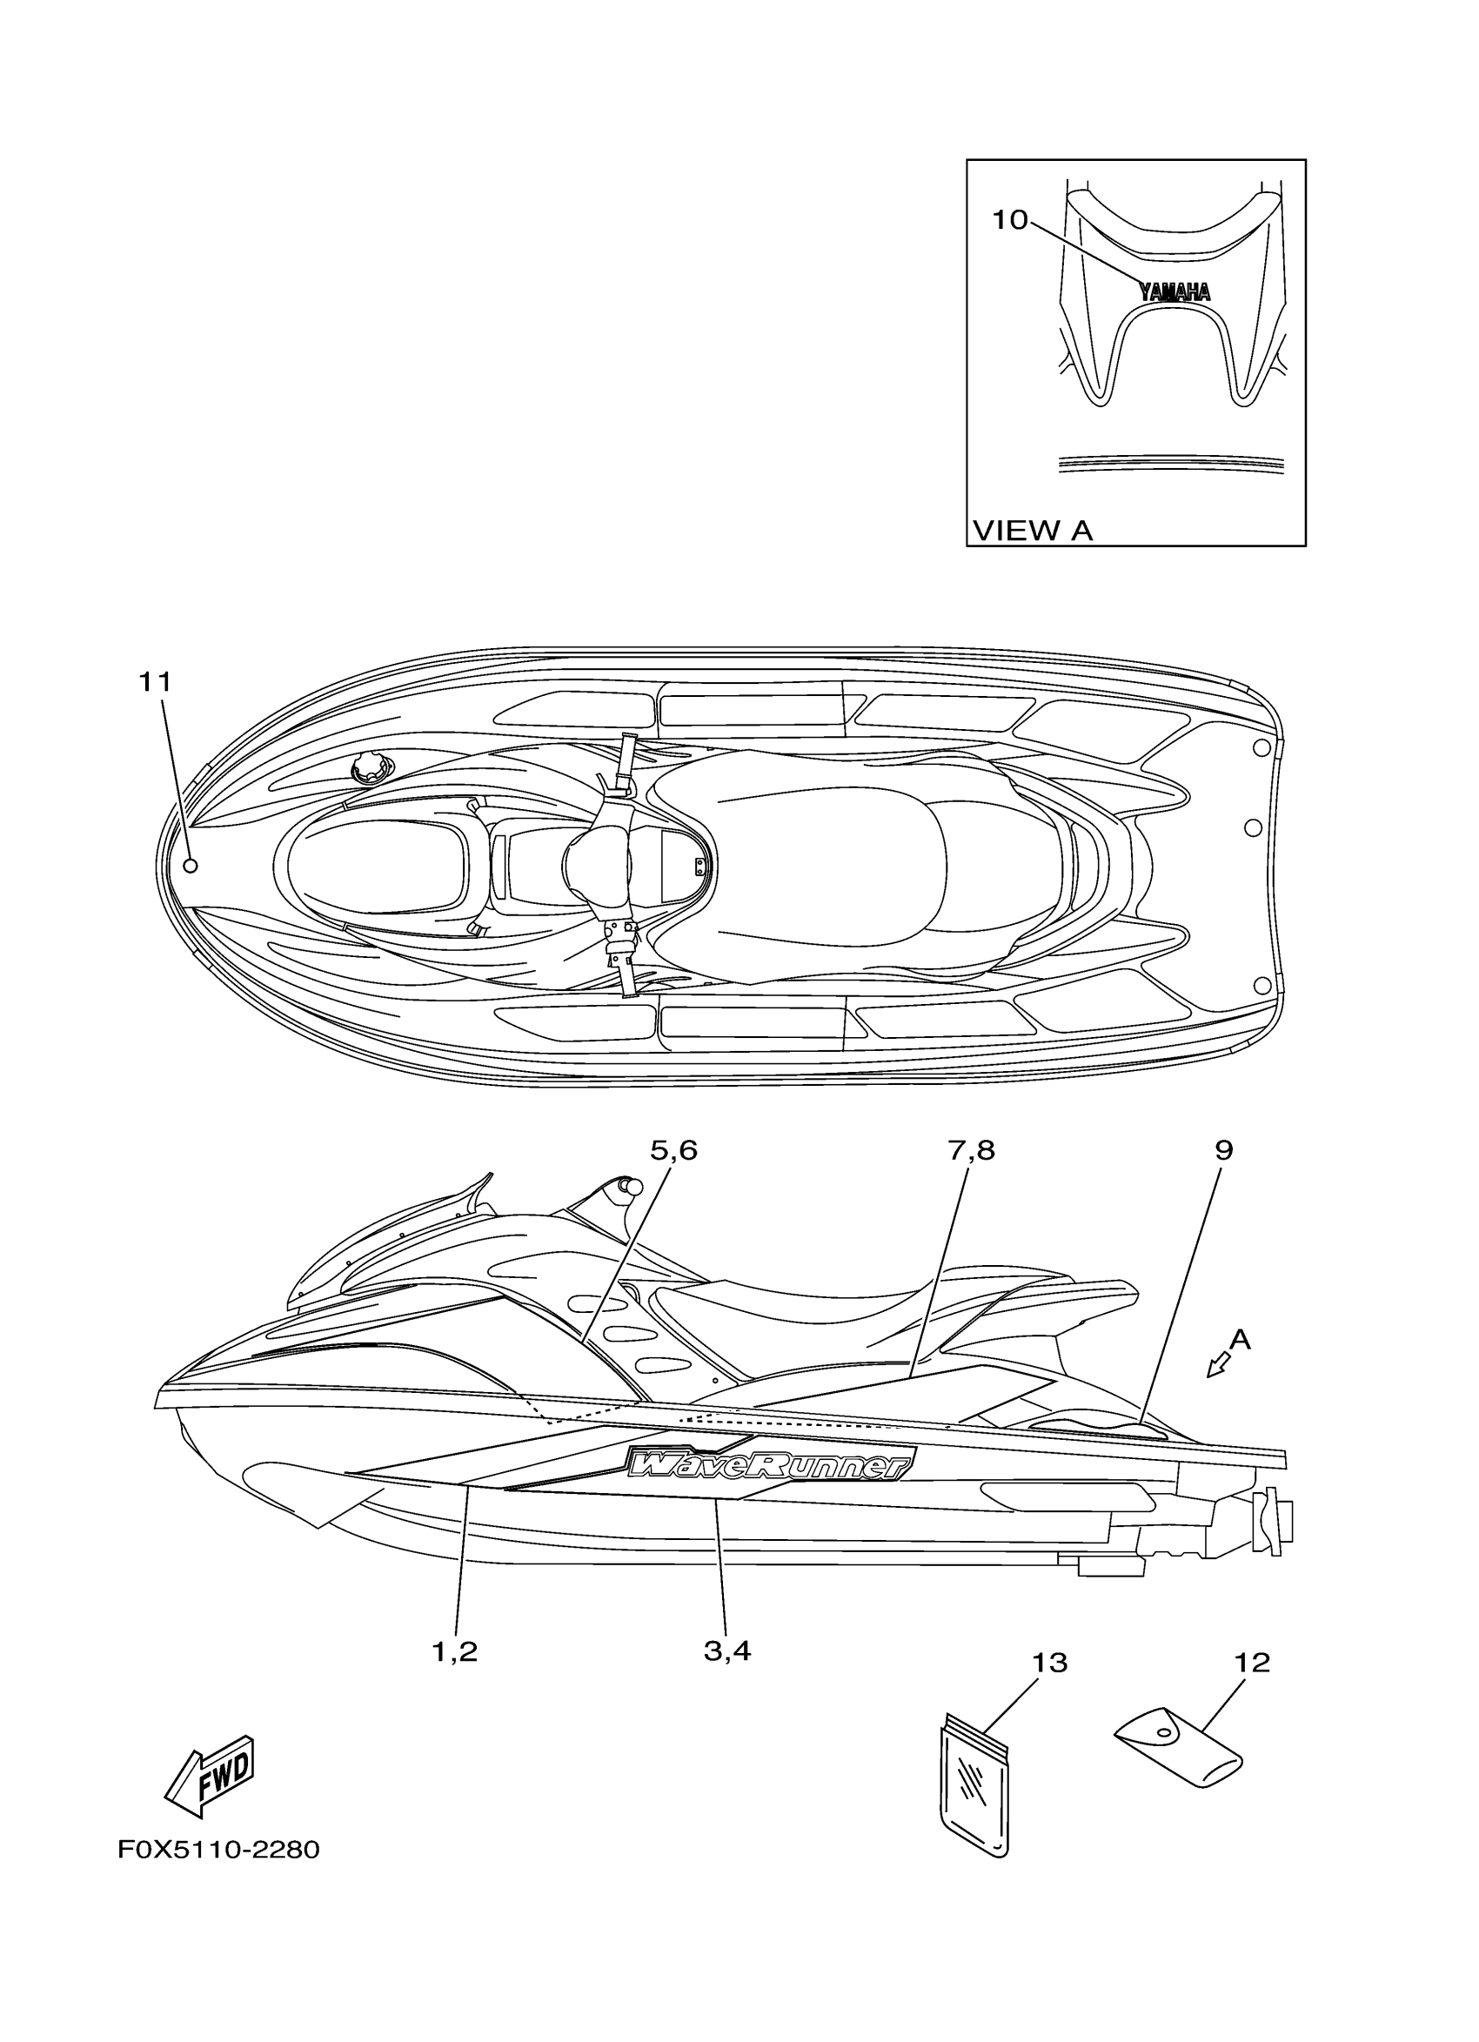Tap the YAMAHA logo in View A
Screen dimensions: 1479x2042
(1174, 291)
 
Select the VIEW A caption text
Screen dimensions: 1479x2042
(1032, 531)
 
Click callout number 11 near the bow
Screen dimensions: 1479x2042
(154, 681)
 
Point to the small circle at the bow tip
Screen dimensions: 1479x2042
(190, 867)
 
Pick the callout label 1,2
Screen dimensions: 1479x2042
(455, 1652)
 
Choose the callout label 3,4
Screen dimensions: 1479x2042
(727, 1652)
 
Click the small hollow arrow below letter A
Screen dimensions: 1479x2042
(1218, 1391)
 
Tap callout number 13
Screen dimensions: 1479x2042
(1048, 1663)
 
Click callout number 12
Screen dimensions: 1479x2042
(1252, 1663)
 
